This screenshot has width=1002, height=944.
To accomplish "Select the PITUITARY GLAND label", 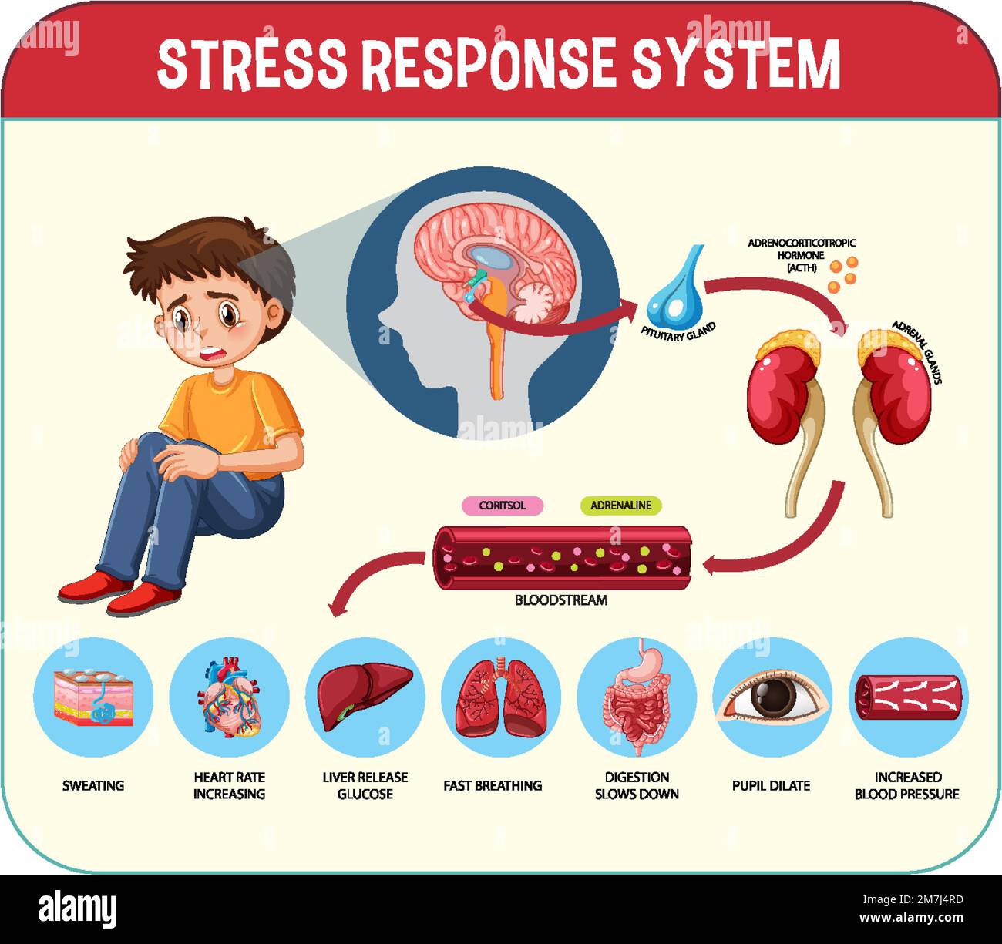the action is point(678,331).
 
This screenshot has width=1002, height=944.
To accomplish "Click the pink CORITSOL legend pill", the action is point(502,505).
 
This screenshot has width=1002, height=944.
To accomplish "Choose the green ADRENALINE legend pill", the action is point(620,505).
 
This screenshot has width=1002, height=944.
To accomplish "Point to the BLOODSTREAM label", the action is point(561,600).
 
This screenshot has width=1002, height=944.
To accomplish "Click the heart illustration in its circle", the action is point(230,697).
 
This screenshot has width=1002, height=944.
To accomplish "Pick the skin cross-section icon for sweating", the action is point(93,697).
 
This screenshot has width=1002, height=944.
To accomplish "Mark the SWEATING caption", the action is point(93,785).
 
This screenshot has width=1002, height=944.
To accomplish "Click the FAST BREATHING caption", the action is point(493,785).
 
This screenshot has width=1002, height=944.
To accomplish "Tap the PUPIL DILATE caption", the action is point(771,785).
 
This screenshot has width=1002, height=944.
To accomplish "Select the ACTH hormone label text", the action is point(802,255).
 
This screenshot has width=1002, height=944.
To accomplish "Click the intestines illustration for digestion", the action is point(637,697).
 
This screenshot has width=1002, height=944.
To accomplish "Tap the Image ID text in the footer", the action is point(913,899).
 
